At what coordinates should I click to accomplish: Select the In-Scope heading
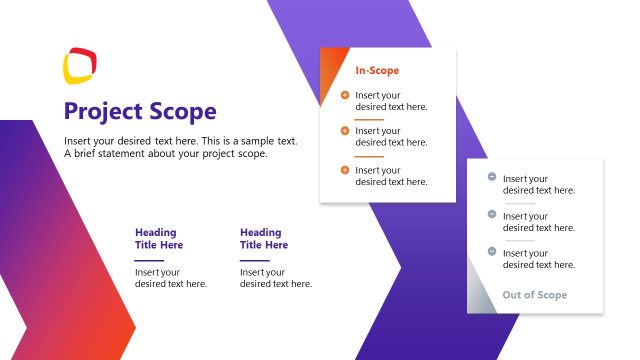(377, 70)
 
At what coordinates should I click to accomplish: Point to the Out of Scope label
(534, 295)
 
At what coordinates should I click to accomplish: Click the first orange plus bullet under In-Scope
(345, 95)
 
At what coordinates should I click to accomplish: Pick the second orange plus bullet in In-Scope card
(345, 130)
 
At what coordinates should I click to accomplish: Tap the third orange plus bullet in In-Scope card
(345, 170)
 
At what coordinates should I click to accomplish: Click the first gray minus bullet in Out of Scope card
(492, 178)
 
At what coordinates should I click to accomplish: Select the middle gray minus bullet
(492, 214)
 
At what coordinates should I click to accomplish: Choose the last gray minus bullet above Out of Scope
(492, 251)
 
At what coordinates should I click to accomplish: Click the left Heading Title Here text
(159, 239)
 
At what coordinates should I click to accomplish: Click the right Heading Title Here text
(264, 239)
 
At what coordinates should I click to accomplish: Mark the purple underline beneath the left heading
(149, 260)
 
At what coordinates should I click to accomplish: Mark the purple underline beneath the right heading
(254, 260)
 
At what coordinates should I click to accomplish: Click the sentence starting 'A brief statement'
(166, 154)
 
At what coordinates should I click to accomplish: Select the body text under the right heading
(276, 278)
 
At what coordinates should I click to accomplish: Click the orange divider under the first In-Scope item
(369, 119)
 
